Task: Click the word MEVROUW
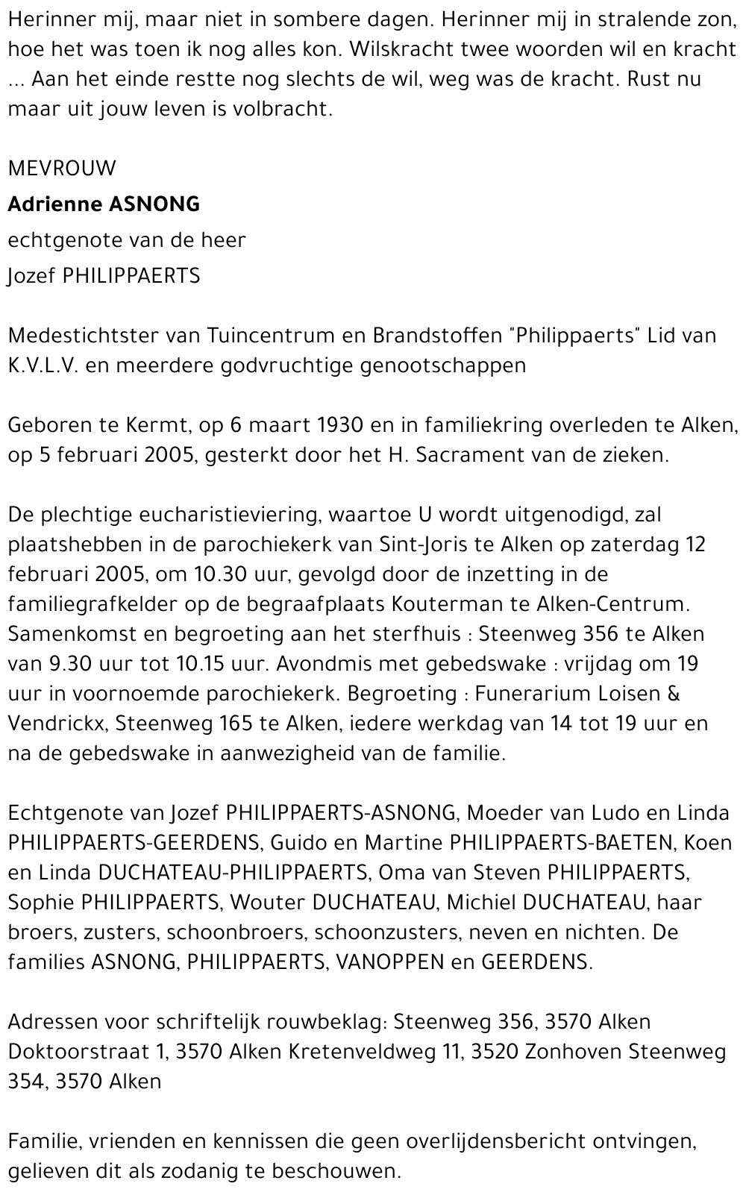pyautogui.click(x=62, y=169)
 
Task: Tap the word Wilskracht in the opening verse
pyautogui.click(x=404, y=50)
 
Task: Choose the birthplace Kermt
pyautogui.click(x=137, y=425)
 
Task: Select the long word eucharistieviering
pyautogui.click(x=211, y=515)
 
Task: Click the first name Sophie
pyautogui.click(x=40, y=903)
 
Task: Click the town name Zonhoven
pyautogui.click(x=574, y=1052)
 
